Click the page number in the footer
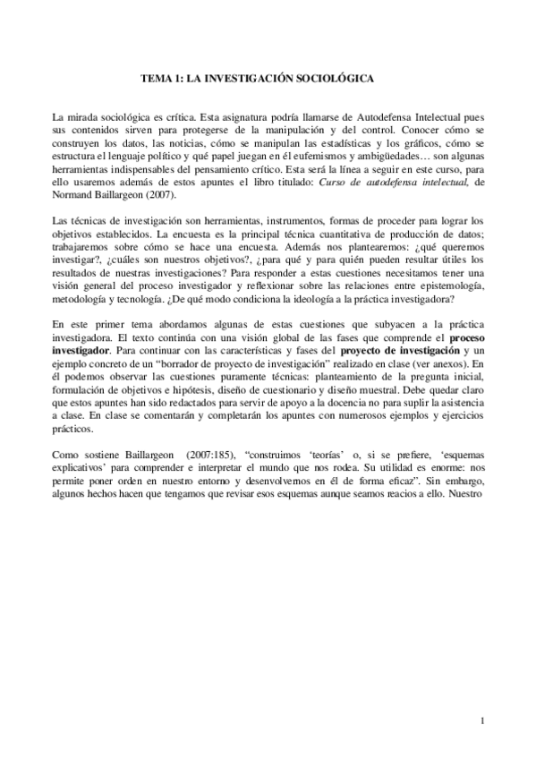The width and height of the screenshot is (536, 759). pos(481,721)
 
